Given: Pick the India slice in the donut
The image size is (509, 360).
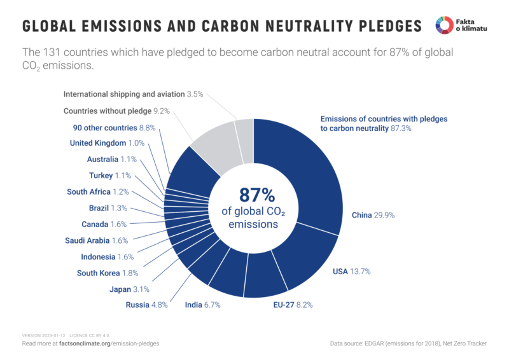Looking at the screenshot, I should pyautogui.click(x=227, y=276).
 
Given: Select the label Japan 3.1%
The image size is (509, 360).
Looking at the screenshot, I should pyautogui.click(x=129, y=289).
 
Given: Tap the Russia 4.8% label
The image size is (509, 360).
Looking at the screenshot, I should pyautogui.click(x=147, y=305).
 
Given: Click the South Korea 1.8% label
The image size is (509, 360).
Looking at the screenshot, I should pyautogui.click(x=107, y=273).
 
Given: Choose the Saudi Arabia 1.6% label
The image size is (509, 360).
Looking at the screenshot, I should pyautogui.click(x=96, y=240).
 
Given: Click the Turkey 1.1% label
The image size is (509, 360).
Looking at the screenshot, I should pyautogui.click(x=109, y=176).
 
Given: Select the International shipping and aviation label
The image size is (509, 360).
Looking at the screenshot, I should pyautogui.click(x=133, y=94).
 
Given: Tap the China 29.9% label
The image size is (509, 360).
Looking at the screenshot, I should pyautogui.click(x=373, y=215).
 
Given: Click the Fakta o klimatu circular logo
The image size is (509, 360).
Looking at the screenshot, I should pyautogui.click(x=443, y=25).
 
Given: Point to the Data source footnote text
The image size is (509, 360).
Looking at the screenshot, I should pyautogui.click(x=408, y=343).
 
